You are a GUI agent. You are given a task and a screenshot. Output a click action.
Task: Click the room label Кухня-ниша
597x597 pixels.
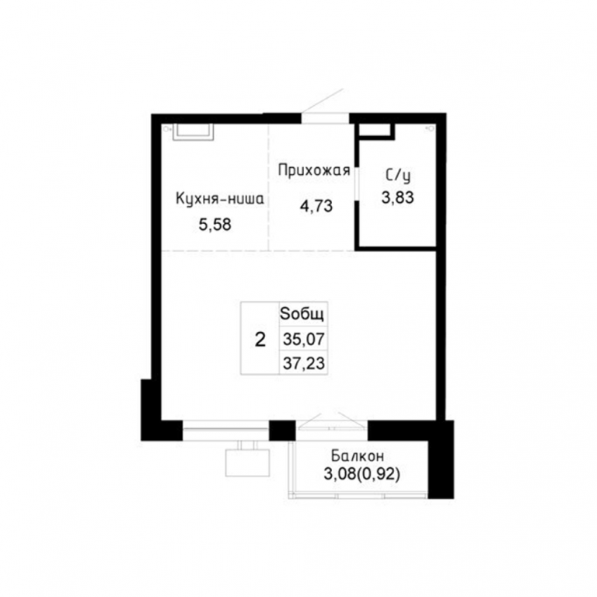220,199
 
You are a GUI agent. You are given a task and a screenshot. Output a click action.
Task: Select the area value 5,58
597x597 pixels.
215,225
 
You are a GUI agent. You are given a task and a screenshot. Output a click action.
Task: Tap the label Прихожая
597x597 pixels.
314,170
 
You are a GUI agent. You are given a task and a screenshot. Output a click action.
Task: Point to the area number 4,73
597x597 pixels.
316,206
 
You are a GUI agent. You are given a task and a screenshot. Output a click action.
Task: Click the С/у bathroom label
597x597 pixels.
398,176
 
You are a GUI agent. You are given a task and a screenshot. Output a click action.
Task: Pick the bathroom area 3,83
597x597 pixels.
397,197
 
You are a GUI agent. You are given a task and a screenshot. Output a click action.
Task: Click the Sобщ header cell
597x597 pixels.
303,314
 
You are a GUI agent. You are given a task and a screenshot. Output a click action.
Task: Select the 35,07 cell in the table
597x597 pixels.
303,338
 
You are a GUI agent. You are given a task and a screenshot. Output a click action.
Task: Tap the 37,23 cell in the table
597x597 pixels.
303,363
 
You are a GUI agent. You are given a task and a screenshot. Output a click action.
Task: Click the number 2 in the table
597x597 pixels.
260,339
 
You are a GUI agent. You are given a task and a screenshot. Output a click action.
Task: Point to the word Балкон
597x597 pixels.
358,456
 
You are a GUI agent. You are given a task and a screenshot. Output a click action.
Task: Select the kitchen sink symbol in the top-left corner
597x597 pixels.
193,131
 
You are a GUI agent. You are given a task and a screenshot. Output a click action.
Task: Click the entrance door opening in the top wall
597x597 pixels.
326,118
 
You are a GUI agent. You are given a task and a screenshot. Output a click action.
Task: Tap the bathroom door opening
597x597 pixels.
357,183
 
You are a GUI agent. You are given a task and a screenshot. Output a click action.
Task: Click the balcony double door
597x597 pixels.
332,426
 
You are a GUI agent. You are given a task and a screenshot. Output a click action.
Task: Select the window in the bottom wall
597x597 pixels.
225,430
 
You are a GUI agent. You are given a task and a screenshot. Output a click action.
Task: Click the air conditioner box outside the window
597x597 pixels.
247,463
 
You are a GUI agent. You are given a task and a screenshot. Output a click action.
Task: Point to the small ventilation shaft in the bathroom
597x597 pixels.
375,131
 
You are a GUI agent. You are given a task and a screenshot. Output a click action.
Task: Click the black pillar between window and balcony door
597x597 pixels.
282,430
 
